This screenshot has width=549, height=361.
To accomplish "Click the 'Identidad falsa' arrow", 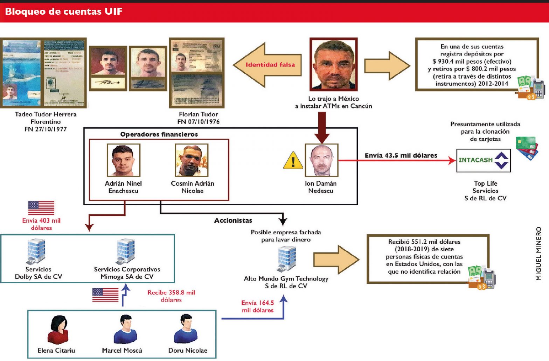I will [x=268, y=65].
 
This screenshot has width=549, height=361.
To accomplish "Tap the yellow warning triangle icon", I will [x=293, y=161].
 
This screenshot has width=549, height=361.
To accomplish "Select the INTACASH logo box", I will [x=483, y=160].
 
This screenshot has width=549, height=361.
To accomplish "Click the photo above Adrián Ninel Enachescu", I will [x=123, y=161].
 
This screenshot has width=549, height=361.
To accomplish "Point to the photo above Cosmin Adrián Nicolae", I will [x=192, y=161].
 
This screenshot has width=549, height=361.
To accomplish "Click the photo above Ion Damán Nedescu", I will [x=321, y=160].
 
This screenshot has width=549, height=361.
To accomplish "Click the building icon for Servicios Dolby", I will [x=36, y=251].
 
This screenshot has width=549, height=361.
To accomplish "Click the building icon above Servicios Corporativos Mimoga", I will [x=126, y=251].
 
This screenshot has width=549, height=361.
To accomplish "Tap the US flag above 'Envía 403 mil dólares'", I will [x=41, y=208].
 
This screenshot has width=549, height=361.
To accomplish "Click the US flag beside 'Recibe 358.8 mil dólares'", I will [x=105, y=295].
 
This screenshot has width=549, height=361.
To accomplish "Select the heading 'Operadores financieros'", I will [x=159, y=134].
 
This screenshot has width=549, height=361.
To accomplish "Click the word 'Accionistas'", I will [x=233, y=220].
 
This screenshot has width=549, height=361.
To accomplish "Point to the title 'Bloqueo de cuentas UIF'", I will [x=64, y=12].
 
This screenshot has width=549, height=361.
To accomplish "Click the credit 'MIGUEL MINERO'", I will [x=538, y=253].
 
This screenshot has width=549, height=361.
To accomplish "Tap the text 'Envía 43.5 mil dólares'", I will [x=401, y=155].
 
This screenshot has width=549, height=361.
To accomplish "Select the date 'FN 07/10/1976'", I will [x=198, y=122].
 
